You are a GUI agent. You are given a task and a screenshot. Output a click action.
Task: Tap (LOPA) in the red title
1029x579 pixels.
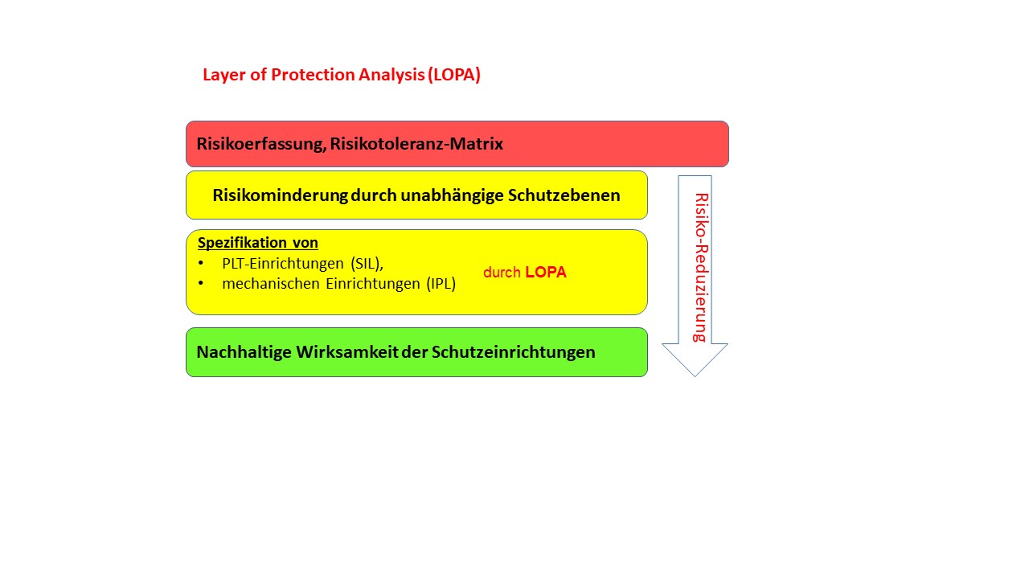(x=454, y=75)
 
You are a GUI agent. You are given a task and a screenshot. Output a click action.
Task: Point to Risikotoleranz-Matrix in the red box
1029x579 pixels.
(x=416, y=144)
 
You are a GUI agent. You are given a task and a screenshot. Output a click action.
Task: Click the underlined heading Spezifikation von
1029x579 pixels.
(x=258, y=243)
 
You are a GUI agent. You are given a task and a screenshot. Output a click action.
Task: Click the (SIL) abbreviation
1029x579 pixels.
(x=367, y=264)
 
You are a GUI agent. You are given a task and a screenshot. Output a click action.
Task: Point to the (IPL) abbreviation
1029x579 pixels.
(x=441, y=284)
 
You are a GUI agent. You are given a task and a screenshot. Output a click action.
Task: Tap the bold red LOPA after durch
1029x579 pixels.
(x=546, y=273)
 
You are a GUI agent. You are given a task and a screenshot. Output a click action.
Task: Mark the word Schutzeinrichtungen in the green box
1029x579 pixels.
(x=514, y=352)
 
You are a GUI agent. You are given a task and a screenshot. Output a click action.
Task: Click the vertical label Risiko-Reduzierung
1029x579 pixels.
(x=700, y=267)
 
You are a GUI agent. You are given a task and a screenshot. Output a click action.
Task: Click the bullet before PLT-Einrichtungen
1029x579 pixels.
(x=201, y=264)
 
